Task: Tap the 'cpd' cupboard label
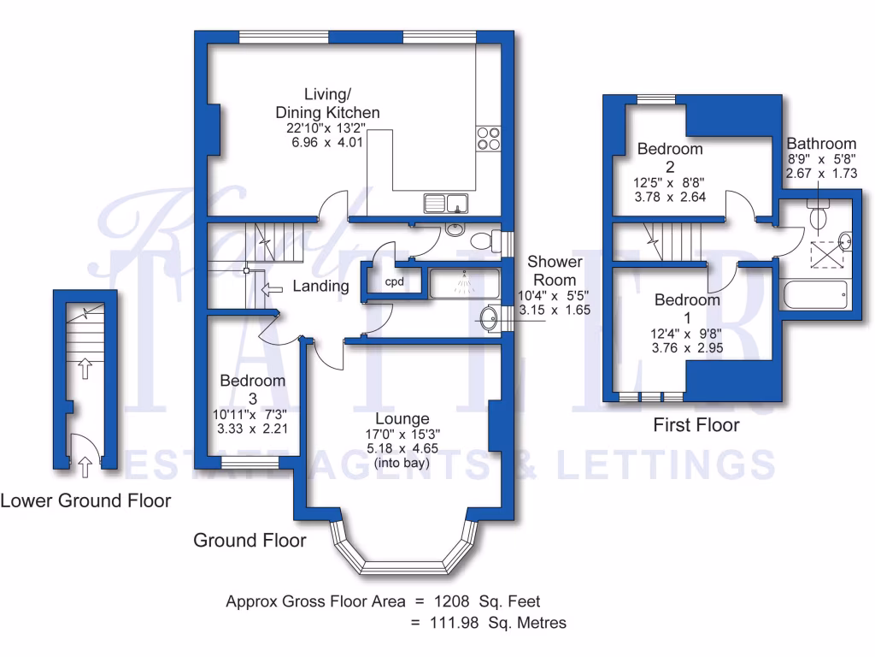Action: pyautogui.click(x=393, y=281)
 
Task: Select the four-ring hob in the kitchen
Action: pyautogui.click(x=488, y=138)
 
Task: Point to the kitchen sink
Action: pyautogui.click(x=446, y=204)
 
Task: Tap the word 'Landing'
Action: pyautogui.click(x=320, y=287)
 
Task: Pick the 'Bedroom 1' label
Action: pyautogui.click(x=687, y=309)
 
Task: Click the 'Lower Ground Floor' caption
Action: pyautogui.click(x=85, y=500)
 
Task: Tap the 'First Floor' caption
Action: pyautogui.click(x=696, y=424)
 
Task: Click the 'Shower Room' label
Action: pyautogui.click(x=555, y=270)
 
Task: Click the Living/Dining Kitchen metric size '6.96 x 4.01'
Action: pyautogui.click(x=327, y=142)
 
